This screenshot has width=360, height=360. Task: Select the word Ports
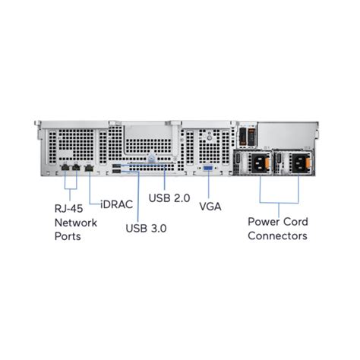pyautogui.click(x=68, y=237)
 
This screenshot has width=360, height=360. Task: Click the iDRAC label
pyautogui.click(x=115, y=203)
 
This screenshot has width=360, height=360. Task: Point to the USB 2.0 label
pyautogui.click(x=169, y=198)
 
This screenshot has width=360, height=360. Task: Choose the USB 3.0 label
pyautogui.click(x=145, y=227)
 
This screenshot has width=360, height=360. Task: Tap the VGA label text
pyautogui.click(x=210, y=206)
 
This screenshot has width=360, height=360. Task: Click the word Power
pyautogui.click(x=264, y=221)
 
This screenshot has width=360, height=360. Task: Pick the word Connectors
pyautogui.click(x=278, y=235)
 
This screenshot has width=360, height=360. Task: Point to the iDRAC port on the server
pyautogui.click(x=90, y=165)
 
